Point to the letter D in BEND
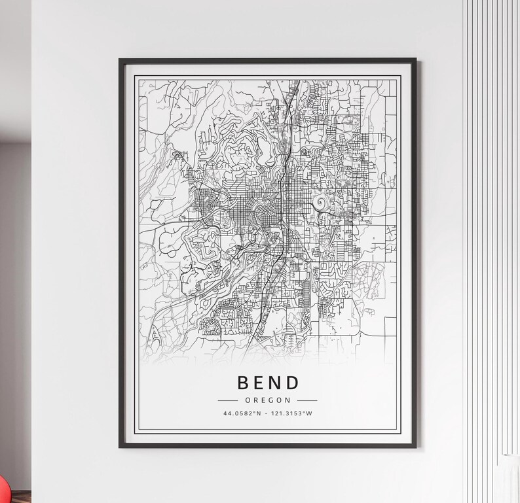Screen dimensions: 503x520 pyautogui.click(x=294, y=383)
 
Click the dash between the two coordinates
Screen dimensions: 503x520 pyautogui.click(x=265, y=413)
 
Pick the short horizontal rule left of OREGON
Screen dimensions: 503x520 pyautogui.click(x=231, y=400)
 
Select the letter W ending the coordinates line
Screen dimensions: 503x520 pyautogui.click(x=310, y=413)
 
